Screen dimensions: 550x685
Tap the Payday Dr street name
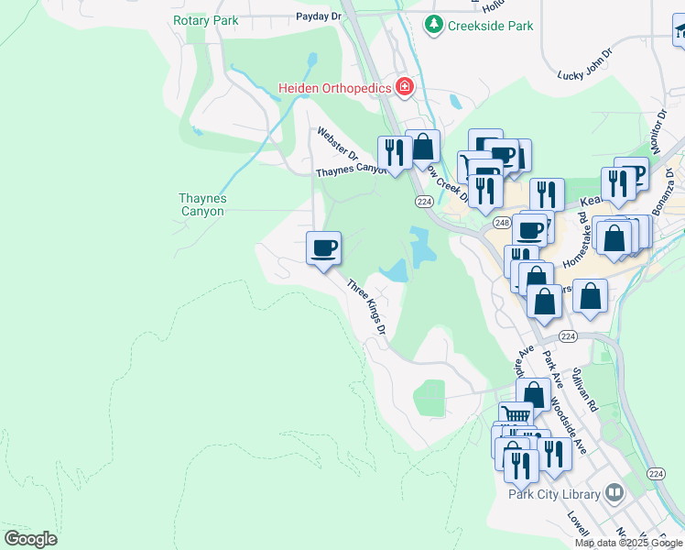click(x=318, y=16)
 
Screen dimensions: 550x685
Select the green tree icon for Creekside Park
click(x=435, y=26)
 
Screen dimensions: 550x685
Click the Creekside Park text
click(x=490, y=26)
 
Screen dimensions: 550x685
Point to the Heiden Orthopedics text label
click(x=335, y=89)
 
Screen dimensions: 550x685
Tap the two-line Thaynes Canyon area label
click(x=202, y=204)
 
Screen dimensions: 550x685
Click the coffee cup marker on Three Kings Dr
click(x=322, y=247)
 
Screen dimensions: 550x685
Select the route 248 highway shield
click(x=501, y=223)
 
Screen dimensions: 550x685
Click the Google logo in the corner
click(x=30, y=539)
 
